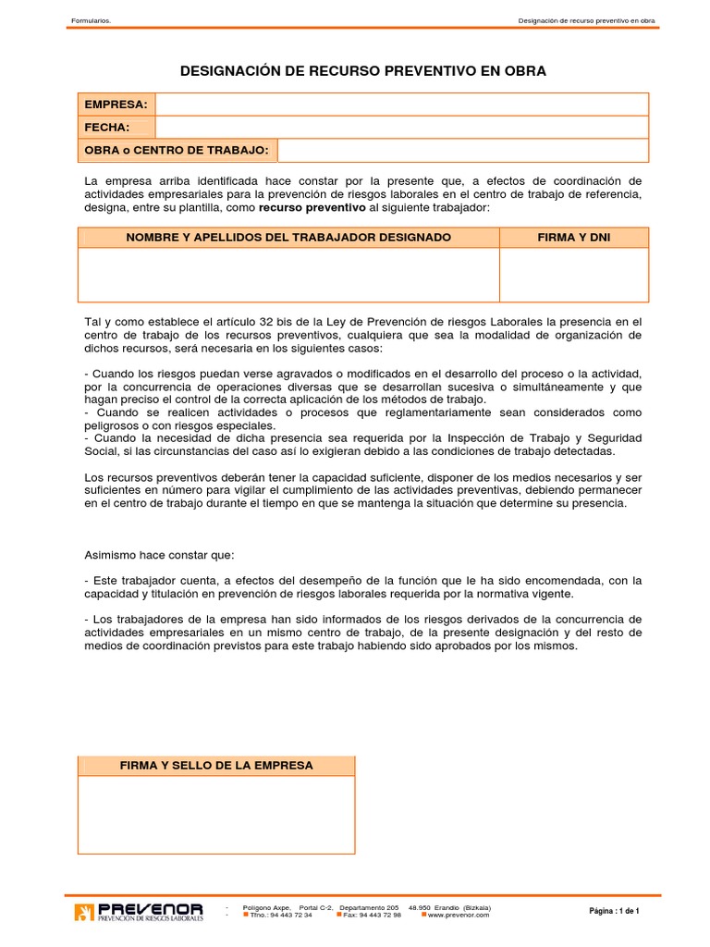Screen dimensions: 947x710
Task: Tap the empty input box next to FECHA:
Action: click(x=401, y=128)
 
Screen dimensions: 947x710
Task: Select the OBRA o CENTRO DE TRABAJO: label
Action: click(x=177, y=150)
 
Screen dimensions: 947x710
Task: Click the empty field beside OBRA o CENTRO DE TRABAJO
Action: click(x=462, y=150)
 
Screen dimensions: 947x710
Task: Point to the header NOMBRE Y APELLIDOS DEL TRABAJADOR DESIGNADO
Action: click(x=288, y=238)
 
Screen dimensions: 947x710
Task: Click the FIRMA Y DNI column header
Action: click(x=574, y=238)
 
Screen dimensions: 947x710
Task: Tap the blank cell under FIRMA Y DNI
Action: click(x=574, y=275)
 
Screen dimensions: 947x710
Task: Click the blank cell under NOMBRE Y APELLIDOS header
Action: click(x=288, y=275)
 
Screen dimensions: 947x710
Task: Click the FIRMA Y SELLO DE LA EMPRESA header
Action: click(x=216, y=766)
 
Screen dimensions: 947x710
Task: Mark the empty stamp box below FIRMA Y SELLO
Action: click(x=216, y=815)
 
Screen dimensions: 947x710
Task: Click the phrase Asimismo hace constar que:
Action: click(x=159, y=555)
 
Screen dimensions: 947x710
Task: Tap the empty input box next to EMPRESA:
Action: click(x=401, y=105)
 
